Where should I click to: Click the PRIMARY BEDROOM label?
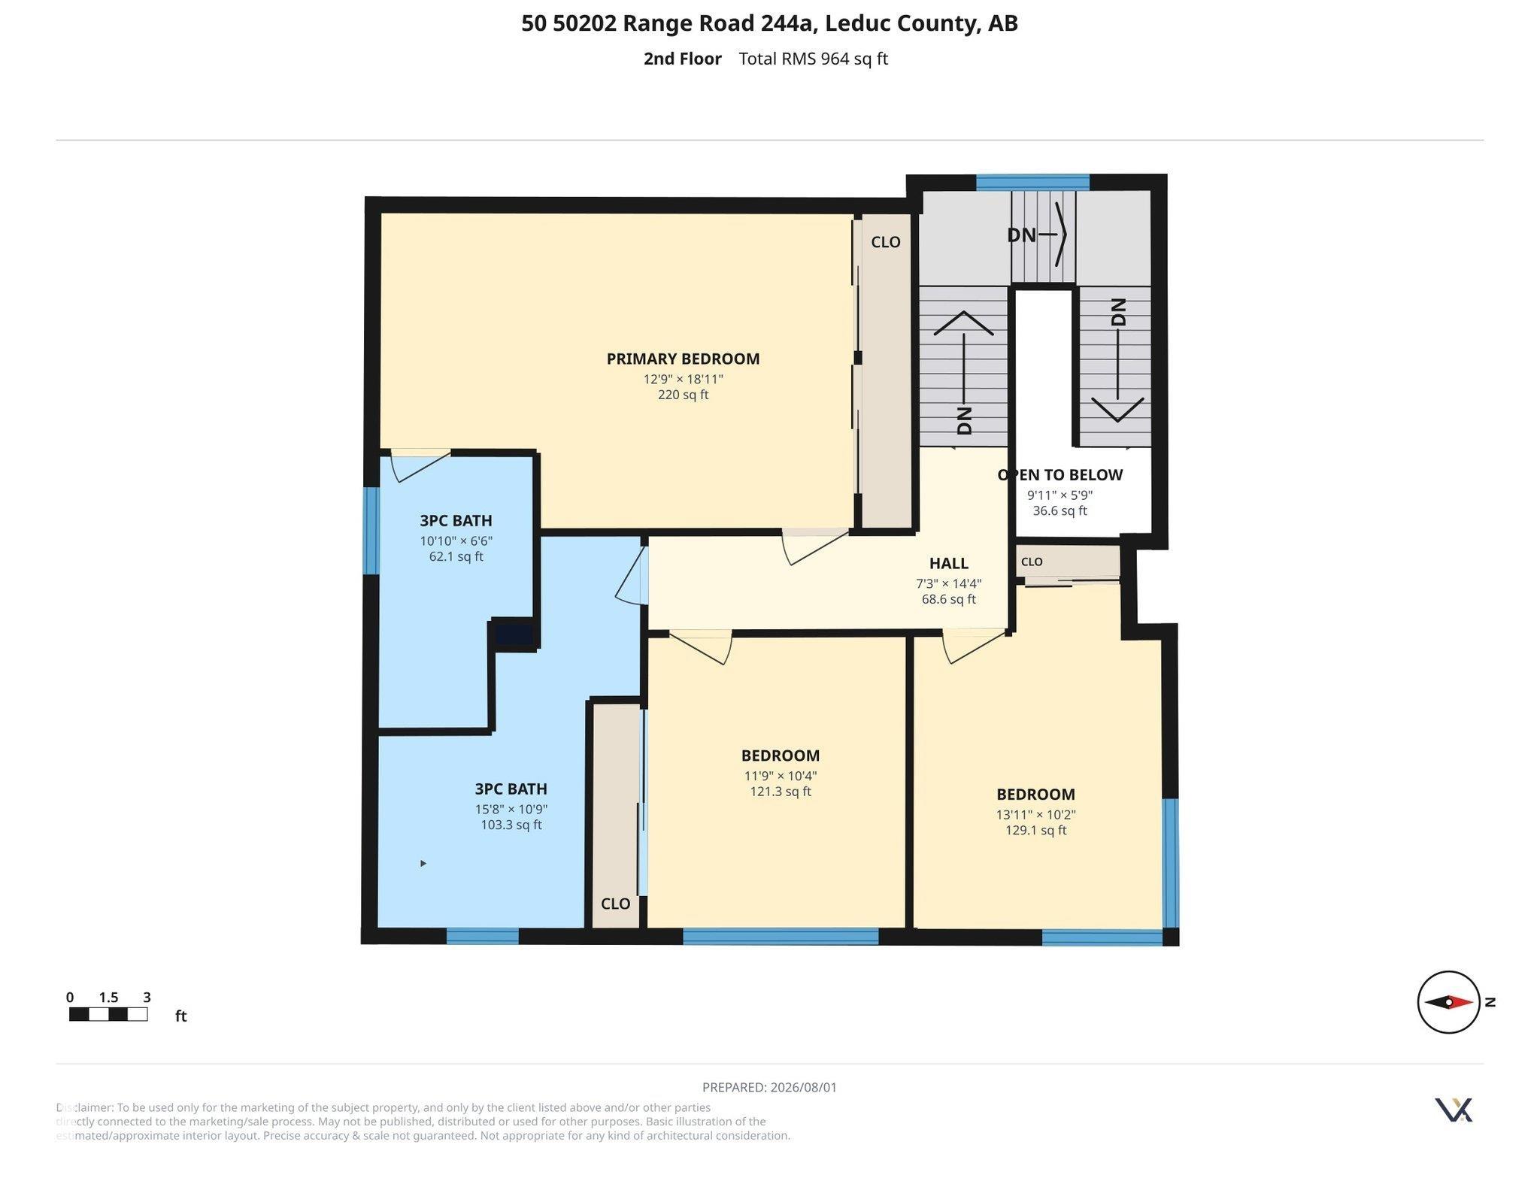(683, 359)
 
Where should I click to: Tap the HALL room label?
(948, 563)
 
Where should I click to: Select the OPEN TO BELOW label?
(1060, 474)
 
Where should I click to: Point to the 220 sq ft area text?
(683, 395)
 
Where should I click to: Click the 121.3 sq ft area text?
(781, 791)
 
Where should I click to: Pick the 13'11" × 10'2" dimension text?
(1036, 814)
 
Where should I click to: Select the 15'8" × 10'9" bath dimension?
(511, 810)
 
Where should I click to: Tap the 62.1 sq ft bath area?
(456, 556)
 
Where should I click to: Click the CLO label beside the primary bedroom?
(885, 241)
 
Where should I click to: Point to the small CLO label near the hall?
(1032, 562)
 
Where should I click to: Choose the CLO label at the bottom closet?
(615, 904)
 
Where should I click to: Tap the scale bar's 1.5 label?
(108, 998)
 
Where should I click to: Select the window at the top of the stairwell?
(1032, 182)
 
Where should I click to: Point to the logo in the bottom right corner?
(1454, 1110)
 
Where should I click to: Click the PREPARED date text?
(769, 1087)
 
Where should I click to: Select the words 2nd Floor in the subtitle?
(682, 59)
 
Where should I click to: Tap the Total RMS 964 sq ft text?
(813, 59)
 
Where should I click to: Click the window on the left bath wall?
(371, 531)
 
